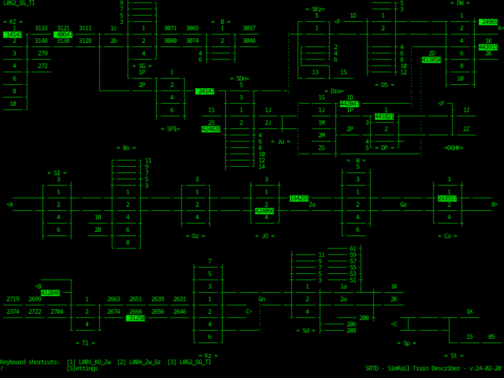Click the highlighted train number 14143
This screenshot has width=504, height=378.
click(13, 34)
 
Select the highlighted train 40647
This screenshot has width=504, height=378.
click(64, 34)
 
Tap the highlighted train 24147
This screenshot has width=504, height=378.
click(205, 91)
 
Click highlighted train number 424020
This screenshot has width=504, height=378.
click(211, 129)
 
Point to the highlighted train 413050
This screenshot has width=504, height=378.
click(431, 59)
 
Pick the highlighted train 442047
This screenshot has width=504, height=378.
click(350, 104)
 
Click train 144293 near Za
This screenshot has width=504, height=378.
click(299, 198)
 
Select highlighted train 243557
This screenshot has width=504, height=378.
click(448, 198)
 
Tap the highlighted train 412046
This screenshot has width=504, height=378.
click(50, 293)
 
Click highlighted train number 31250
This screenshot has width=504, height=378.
click(136, 318)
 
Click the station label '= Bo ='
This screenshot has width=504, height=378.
click(126, 148)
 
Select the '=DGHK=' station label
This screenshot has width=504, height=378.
click(454, 148)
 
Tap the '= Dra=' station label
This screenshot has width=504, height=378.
click(334, 91)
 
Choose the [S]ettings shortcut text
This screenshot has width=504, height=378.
click(82, 368)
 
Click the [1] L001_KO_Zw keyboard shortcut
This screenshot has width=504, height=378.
click(89, 362)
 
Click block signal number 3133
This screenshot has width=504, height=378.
click(41, 28)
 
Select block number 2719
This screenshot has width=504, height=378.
click(13, 299)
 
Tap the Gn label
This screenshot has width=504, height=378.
click(262, 299)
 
